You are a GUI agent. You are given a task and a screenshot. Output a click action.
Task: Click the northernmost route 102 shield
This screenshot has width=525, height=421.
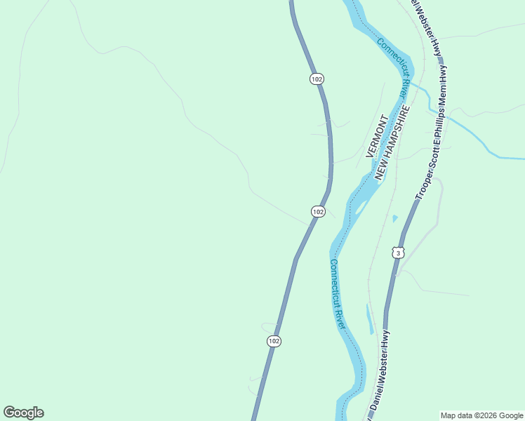tap(317, 79)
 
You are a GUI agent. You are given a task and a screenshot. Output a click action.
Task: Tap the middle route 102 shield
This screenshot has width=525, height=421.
tap(318, 211)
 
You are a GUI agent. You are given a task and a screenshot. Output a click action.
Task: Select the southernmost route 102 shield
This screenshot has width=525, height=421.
tap(274, 341)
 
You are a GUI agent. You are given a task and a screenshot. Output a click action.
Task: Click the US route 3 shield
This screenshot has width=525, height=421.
tap(398, 253)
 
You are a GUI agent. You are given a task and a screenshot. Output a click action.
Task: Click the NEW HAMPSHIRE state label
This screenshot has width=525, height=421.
tap(392, 143)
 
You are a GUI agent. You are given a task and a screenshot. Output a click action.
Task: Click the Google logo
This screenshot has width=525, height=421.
tap(23, 413)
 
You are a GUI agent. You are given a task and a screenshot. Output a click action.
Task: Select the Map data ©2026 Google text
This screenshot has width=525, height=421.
tap(482, 415)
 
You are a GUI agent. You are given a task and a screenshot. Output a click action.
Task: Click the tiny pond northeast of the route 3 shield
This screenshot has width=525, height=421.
tap(395, 219)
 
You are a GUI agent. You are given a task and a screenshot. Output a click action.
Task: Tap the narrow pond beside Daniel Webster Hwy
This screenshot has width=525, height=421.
tap(369, 319)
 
